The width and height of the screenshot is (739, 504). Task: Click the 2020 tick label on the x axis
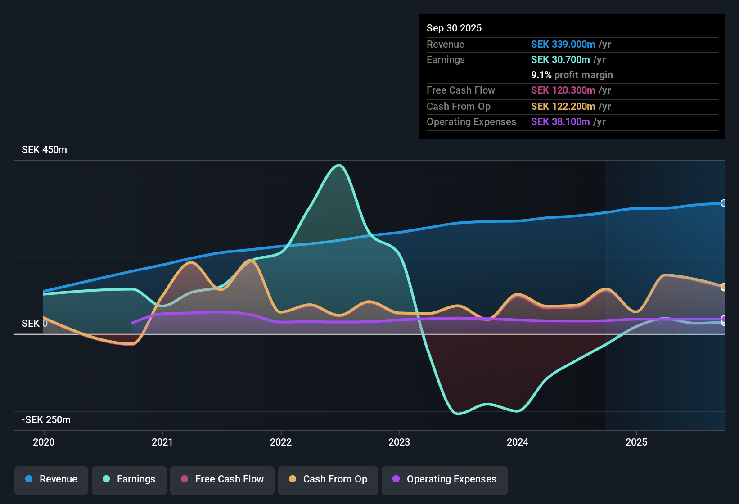[x=44, y=442]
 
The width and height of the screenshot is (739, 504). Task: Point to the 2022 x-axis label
[x=281, y=442]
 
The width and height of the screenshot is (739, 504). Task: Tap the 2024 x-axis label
[x=518, y=442]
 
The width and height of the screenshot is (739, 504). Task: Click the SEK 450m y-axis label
[x=44, y=150]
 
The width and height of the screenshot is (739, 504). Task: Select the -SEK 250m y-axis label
[x=46, y=419]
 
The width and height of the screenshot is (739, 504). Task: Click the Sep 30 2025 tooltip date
[x=454, y=28]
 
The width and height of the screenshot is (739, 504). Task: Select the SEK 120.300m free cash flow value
[x=563, y=90]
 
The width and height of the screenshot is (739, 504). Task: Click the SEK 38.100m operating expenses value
[x=560, y=121]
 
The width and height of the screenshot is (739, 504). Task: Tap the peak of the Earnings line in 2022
[x=339, y=165]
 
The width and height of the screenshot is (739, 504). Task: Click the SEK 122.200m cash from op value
[x=563, y=107]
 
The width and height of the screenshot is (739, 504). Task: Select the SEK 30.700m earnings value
[x=560, y=60]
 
